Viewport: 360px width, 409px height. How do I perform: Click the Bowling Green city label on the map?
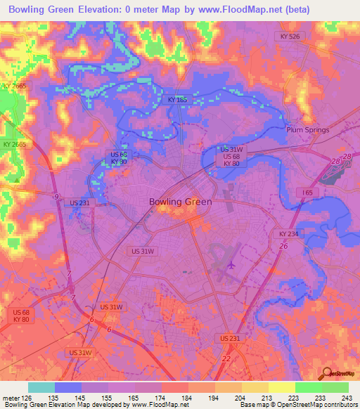click(x=179, y=202)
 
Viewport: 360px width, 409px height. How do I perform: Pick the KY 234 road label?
click(x=288, y=233)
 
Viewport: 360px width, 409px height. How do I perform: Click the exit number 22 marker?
click(x=226, y=358)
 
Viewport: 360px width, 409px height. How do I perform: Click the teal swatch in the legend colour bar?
click(x=41, y=387)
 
